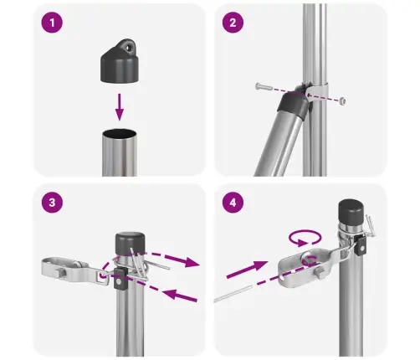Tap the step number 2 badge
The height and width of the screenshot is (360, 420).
(232, 23)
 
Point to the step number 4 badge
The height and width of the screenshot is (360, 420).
(232, 203)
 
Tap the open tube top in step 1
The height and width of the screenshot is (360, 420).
(120, 134)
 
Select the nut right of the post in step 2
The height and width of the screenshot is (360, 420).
(344, 100)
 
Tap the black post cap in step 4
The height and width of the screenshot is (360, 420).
(351, 213)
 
